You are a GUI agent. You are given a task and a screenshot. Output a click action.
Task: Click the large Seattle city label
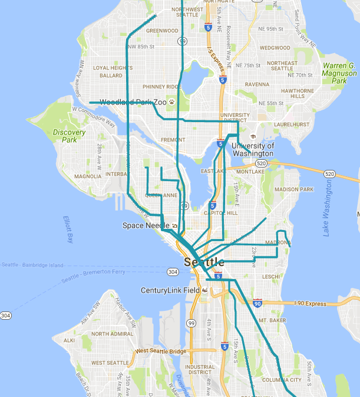pyautogui.click(x=204, y=262)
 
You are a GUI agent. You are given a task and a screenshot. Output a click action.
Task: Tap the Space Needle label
pyautogui.click(x=145, y=225)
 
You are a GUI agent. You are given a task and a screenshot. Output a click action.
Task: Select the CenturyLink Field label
pyautogui.click(x=170, y=291)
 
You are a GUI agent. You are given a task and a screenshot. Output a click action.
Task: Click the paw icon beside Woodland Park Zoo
pyautogui.click(x=171, y=101)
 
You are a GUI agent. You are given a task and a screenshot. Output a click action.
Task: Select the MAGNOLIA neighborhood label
pyautogui.click(x=88, y=176)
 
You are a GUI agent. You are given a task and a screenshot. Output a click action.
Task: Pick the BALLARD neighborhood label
pyautogui.click(x=111, y=76)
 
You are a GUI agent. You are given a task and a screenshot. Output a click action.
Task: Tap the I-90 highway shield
pyautogui.click(x=257, y=303)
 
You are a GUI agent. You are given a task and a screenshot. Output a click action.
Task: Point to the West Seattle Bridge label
pyautogui.click(x=161, y=351)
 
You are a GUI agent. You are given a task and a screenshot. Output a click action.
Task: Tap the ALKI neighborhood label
pyautogui.click(x=69, y=340)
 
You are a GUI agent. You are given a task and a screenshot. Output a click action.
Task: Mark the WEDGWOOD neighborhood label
pyautogui.click(x=275, y=48)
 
